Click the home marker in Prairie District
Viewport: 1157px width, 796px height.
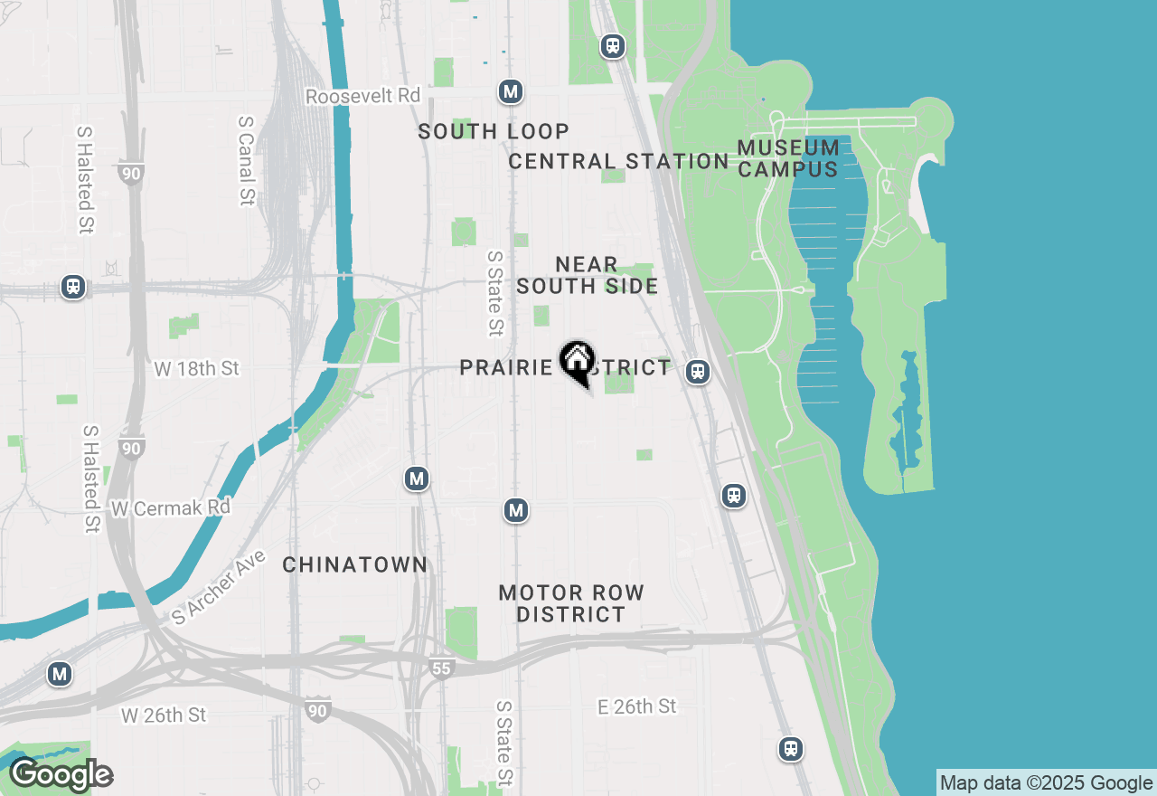coord(577,363)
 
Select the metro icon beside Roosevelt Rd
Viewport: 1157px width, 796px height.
coord(511,91)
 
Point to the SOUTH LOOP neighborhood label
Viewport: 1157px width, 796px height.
coord(494,132)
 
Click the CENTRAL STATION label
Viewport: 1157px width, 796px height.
coord(618,162)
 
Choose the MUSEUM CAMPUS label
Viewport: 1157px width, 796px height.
coord(788,158)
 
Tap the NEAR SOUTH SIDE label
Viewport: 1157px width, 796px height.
coord(587,275)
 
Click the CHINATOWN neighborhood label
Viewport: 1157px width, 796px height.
coord(354,565)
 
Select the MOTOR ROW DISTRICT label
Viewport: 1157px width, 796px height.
coord(571,603)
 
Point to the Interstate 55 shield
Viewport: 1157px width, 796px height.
coord(440,668)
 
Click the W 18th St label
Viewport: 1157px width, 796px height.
coord(196,369)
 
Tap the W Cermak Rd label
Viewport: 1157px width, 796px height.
coord(171,508)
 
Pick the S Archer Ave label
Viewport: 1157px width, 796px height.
coord(220,588)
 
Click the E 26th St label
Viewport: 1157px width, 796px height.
coord(636,706)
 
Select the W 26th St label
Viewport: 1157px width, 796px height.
coord(164,715)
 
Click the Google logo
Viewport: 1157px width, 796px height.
coord(61,775)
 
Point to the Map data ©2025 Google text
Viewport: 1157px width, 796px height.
coord(1046,783)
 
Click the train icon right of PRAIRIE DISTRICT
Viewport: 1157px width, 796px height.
coord(697,371)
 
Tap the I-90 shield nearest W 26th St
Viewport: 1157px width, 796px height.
coord(317,710)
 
